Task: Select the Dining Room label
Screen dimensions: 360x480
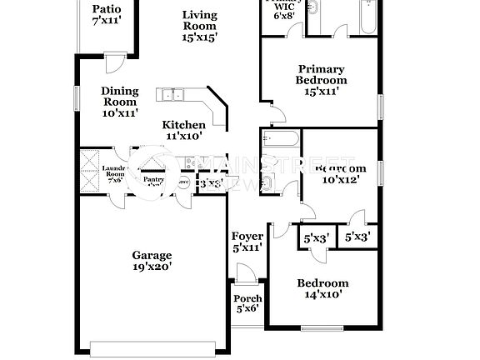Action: (119, 102)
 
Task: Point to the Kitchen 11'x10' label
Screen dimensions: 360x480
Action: (182, 130)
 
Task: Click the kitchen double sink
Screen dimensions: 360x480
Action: (173, 94)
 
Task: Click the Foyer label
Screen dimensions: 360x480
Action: (247, 242)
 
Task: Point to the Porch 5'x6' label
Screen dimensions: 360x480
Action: (247, 303)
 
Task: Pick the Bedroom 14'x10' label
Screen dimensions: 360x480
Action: (322, 288)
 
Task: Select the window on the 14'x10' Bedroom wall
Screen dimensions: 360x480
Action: (322, 326)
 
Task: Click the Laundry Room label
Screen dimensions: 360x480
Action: (113, 173)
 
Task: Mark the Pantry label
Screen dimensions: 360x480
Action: (153, 179)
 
